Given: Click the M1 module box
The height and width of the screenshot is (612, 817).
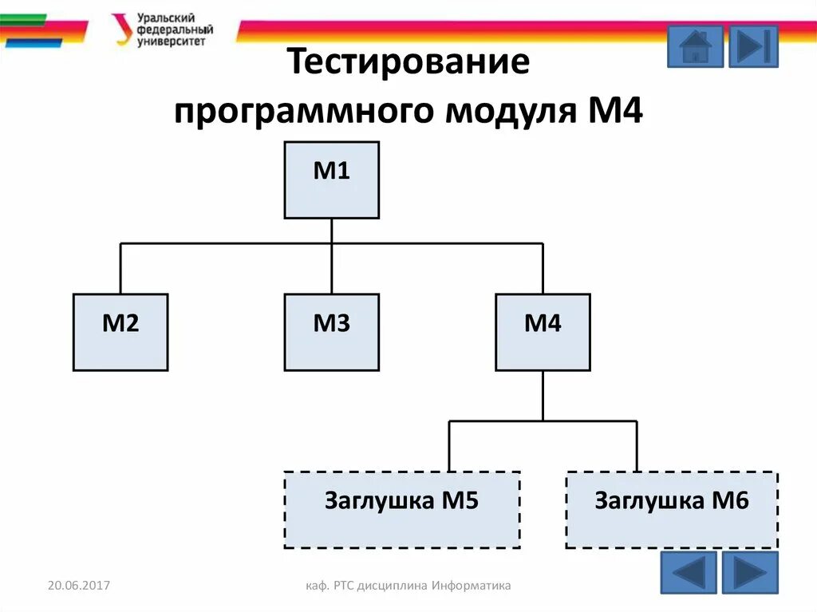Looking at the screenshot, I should [331, 180].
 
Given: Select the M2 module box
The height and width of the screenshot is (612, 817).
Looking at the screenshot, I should [120, 332].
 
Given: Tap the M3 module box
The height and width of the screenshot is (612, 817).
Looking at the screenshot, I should [331, 332].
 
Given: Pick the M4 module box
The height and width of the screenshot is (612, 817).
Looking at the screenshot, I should [543, 332].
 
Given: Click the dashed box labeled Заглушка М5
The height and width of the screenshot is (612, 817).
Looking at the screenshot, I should [402, 509].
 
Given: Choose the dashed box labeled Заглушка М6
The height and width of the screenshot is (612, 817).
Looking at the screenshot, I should [672, 509].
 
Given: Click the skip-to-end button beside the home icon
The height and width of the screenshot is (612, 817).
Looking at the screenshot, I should [753, 46].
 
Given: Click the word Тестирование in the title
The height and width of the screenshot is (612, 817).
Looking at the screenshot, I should [408, 62].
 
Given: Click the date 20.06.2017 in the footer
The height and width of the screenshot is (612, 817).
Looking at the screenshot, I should [78, 586].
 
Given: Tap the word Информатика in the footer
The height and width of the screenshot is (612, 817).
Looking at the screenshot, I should [472, 586].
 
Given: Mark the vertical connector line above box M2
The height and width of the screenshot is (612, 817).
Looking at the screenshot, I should [120, 268].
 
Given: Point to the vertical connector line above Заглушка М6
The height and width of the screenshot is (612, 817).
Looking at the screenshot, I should [636, 445].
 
